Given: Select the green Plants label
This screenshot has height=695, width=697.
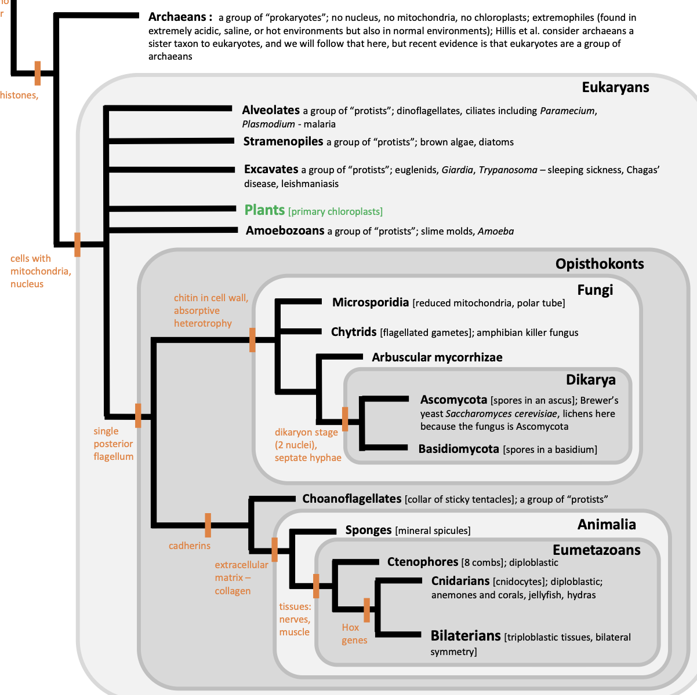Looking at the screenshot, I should tap(264, 210).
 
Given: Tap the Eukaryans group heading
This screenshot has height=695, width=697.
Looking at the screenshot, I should tap(615, 87).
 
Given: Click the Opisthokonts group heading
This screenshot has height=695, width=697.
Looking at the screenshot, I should tap(600, 264).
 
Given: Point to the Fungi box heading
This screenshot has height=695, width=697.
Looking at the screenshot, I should tap(595, 290).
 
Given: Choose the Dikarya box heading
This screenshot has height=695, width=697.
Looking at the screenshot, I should tap(590, 380).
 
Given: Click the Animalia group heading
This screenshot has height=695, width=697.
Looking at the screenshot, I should tap(607, 525).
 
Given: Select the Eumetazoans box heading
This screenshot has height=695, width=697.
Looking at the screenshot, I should tap(596, 550).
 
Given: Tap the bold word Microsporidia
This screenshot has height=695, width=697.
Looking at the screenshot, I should tap(371, 302).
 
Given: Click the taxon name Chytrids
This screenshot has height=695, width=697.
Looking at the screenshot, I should tap(354, 332).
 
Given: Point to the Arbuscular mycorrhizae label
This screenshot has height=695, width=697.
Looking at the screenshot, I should tap(437, 357).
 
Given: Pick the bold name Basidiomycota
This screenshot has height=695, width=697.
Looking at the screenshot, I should tap(459, 449).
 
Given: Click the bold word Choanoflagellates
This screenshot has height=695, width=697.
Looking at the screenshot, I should tap(351, 499).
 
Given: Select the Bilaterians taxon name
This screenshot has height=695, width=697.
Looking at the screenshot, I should tap(465, 636).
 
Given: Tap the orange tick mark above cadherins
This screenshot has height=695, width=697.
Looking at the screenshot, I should tap(208, 525).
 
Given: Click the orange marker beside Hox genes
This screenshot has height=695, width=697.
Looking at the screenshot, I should tap(366, 610).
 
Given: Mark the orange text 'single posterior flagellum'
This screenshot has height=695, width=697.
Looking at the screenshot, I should tap(114, 444).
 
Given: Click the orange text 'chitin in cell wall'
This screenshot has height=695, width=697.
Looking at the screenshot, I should tap(211, 298).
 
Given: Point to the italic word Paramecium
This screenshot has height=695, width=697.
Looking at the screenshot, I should tap(567, 111).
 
